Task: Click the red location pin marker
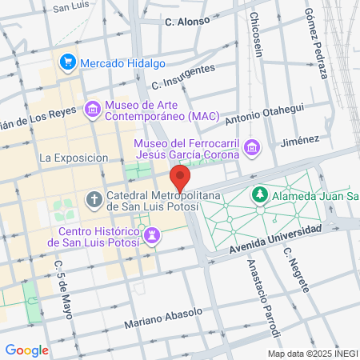click(180, 177)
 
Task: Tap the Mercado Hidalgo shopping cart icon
click(68, 61)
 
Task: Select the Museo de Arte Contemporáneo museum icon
click(93, 108)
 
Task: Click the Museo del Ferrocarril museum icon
click(252, 147)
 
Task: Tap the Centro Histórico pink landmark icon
click(152, 234)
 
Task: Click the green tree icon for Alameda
click(259, 194)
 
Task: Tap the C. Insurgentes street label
click(182, 78)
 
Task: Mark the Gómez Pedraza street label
click(316, 44)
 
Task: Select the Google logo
click(27, 350)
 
